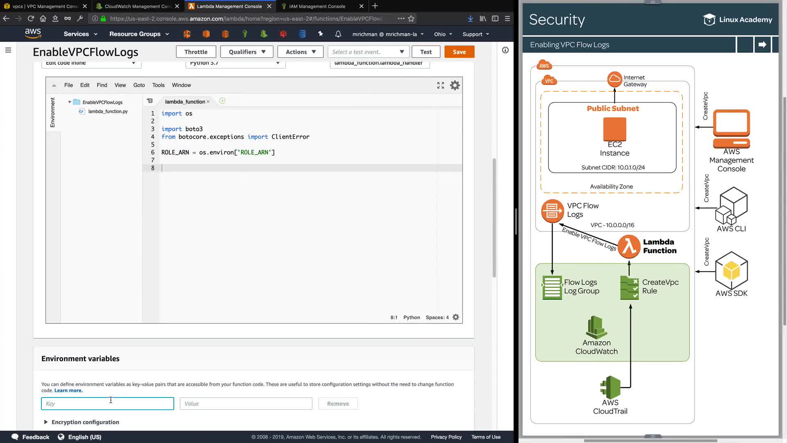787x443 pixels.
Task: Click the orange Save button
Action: coord(459,52)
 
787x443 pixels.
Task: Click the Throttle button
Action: coord(196,52)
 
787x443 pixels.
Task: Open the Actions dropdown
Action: coord(300,52)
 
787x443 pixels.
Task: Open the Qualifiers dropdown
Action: coord(247,52)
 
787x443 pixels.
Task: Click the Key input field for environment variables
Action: coord(107,404)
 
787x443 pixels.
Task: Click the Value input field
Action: coord(246,404)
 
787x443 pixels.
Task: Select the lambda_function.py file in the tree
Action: coord(108,111)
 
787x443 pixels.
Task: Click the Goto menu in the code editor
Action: coord(139,85)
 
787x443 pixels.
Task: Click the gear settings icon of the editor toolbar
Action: coord(455,85)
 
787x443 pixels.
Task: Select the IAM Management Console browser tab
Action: coord(317,6)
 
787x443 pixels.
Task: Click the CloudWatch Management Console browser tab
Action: coord(138,6)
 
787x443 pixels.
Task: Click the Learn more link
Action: coord(68,390)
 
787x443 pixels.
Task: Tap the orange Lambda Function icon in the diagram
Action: coord(629,247)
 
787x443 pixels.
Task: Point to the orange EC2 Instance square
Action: coord(614,129)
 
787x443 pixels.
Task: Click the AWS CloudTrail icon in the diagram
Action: coord(610,387)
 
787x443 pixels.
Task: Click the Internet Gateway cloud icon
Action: coord(614,79)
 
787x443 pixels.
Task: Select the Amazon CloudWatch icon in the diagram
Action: coord(596,327)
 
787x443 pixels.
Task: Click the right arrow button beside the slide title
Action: coord(762,45)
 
